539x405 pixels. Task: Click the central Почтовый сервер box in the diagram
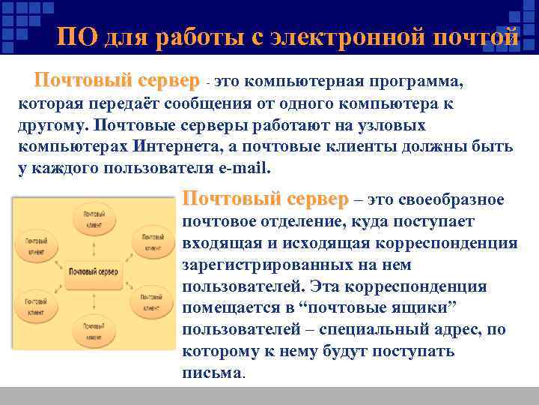click(x=94, y=271)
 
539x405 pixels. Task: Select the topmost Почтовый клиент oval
click(x=93, y=220)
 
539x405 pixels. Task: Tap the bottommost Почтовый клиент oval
click(x=93, y=331)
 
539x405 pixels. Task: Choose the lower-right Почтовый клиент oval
click(x=151, y=301)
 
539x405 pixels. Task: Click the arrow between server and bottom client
click(x=94, y=297)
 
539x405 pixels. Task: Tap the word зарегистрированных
click(x=276, y=265)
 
